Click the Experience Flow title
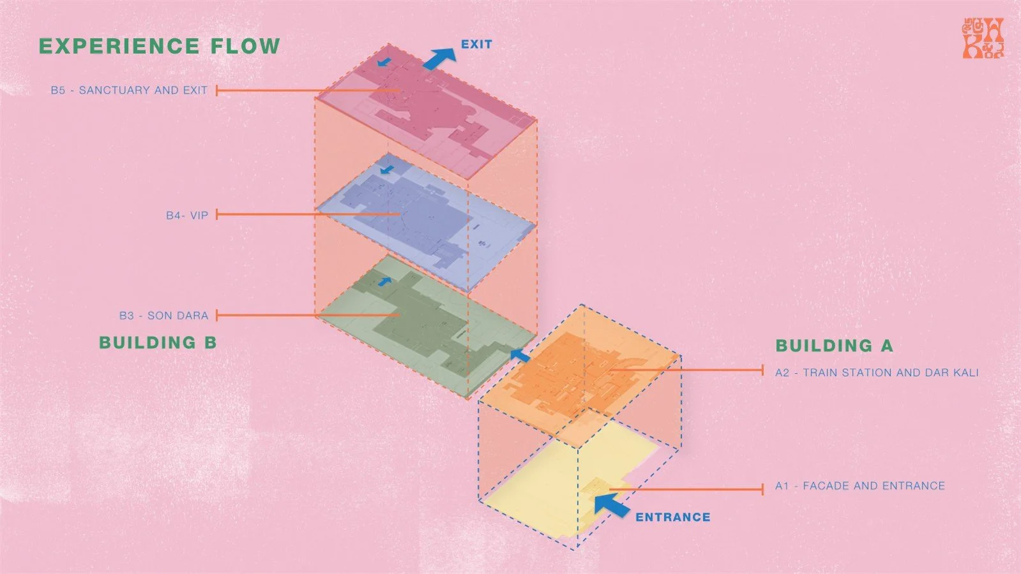[159, 47]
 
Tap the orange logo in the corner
[983, 39]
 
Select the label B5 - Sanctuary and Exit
[129, 91]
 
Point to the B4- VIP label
[187, 216]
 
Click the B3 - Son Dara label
[163, 316]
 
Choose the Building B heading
[158, 342]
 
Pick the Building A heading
[834, 346]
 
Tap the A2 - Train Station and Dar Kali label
[877, 372]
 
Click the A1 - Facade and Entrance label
[859, 486]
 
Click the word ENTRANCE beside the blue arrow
[672, 517]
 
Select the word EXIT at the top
[476, 45]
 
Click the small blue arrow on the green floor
[384, 281]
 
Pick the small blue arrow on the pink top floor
[383, 62]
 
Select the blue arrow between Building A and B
[520, 355]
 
